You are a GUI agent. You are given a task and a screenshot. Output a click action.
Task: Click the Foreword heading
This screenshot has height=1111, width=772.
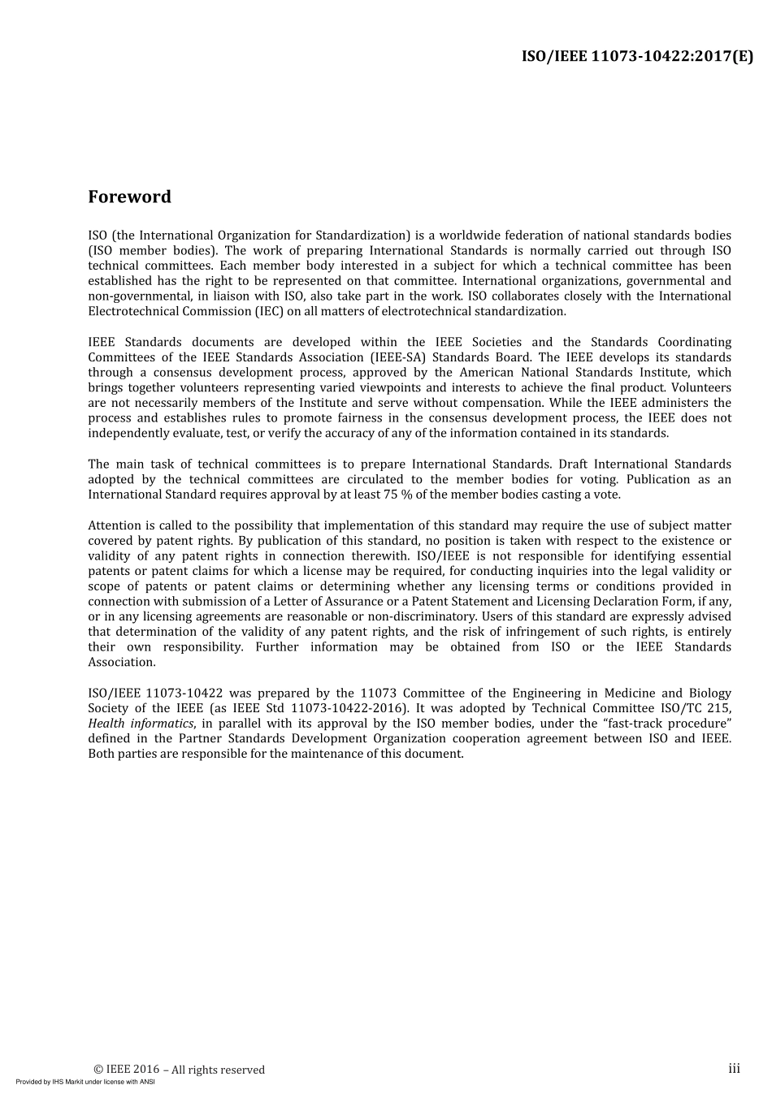tap(130, 197)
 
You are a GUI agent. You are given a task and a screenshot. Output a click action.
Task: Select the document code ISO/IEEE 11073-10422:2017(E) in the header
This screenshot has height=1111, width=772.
tap(637, 57)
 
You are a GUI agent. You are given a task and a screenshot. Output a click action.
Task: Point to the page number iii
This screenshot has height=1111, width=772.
tap(734, 1069)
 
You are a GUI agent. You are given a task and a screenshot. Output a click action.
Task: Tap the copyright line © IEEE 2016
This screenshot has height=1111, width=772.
tap(180, 1070)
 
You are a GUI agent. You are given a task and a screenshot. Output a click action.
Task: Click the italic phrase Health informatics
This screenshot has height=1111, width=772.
tap(141, 724)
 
